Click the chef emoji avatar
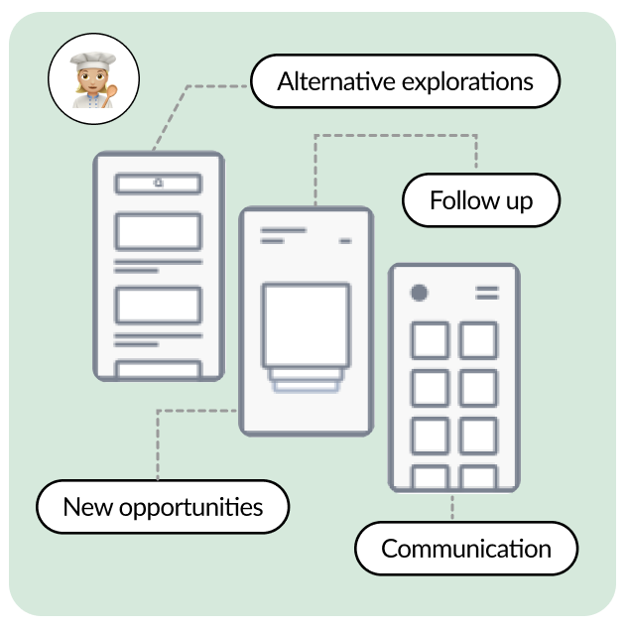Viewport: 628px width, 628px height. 93,79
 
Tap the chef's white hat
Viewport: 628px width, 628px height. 93,61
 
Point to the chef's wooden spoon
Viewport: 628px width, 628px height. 109,95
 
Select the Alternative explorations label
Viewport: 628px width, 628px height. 406,81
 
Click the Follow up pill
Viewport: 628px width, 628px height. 481,200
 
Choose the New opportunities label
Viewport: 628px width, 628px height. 163,507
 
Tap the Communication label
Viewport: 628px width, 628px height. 466,549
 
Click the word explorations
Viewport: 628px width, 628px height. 467,82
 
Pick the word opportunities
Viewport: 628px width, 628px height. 191,508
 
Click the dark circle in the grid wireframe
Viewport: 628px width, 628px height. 419,293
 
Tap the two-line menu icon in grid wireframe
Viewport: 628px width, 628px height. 487,293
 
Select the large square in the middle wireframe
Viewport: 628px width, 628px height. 306,324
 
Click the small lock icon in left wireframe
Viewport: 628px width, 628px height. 159,183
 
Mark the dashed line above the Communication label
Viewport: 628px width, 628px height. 452,507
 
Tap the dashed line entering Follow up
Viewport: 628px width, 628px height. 396,135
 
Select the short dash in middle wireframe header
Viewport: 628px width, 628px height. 345,241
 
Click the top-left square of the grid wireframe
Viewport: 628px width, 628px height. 431,340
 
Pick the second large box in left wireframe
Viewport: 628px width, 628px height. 158,305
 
